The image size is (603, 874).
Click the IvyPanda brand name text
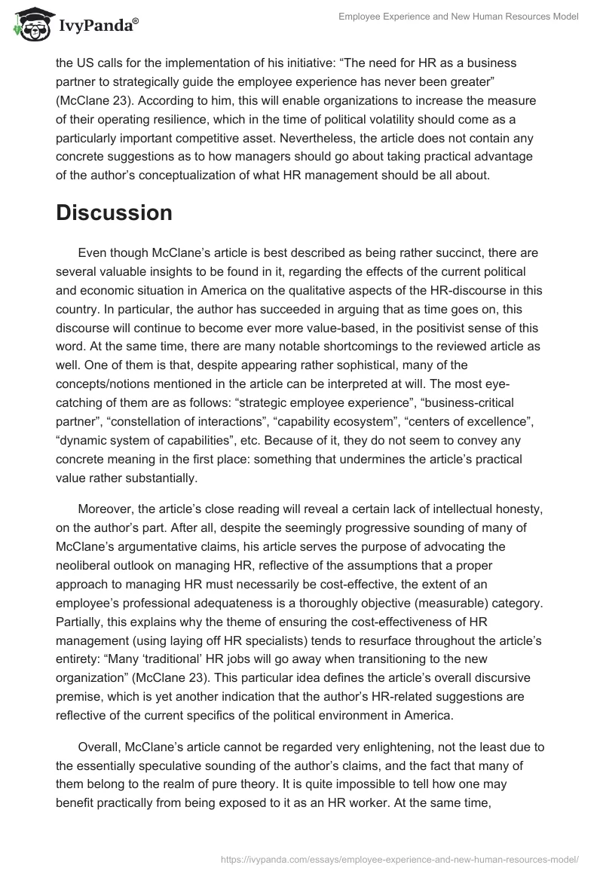(98, 26)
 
